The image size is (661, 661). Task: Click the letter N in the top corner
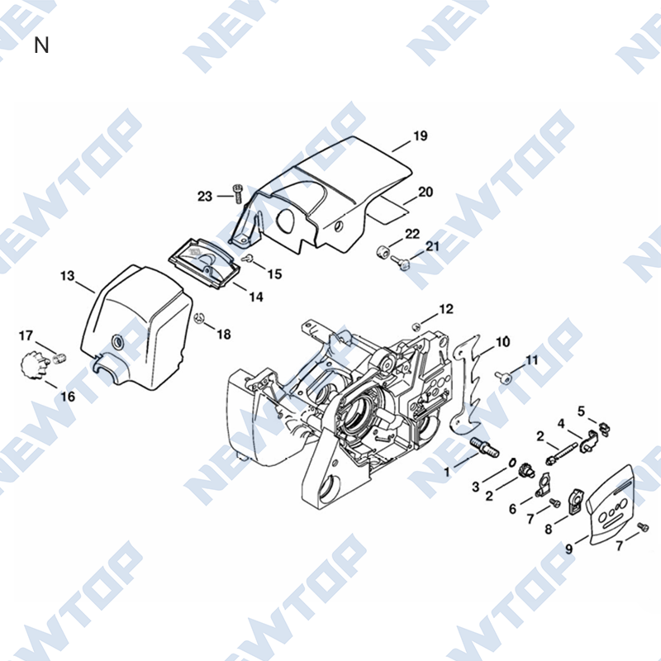(41, 45)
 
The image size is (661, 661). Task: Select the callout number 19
(420, 136)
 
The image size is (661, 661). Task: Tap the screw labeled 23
(238, 194)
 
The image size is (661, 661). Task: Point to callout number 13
(68, 276)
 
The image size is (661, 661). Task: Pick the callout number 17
(26, 336)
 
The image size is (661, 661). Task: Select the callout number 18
(224, 335)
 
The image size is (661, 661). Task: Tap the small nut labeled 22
(382, 252)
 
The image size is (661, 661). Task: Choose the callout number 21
(432, 246)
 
